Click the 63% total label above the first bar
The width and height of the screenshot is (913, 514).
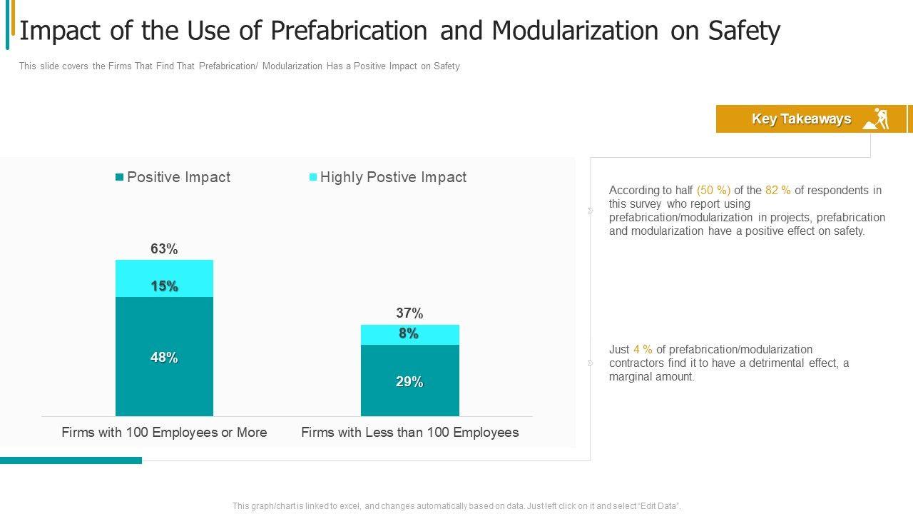164,249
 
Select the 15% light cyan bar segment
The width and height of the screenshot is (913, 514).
164,278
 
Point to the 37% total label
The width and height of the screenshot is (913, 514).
409,313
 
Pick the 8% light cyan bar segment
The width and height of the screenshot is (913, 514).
409,334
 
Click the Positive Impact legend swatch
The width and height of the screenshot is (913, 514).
120,177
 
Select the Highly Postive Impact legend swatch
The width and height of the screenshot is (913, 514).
313,177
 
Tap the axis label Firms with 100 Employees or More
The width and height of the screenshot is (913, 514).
164,433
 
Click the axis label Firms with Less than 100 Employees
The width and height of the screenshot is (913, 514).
409,433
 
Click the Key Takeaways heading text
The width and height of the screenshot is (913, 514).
801,119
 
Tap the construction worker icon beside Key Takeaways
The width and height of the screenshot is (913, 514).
877,119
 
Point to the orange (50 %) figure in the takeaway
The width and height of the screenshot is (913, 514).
713,191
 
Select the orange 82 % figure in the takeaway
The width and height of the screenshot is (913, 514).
778,191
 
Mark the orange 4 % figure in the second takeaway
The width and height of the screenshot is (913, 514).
643,350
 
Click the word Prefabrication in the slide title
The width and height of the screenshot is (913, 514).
349,31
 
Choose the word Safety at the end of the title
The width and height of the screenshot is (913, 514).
744,31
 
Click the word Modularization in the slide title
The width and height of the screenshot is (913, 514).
575,31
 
